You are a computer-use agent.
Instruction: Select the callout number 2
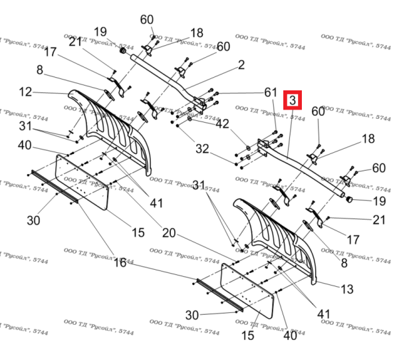(x=241, y=65)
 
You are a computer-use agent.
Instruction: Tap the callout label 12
(x=25, y=91)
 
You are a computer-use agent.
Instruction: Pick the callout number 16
(x=120, y=263)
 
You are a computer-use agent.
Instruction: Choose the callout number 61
(x=270, y=92)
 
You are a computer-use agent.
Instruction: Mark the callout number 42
(x=221, y=123)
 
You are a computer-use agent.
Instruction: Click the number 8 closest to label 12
(x=40, y=70)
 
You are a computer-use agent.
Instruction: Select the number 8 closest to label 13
(x=344, y=264)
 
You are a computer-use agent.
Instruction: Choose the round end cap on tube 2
(x=123, y=52)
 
